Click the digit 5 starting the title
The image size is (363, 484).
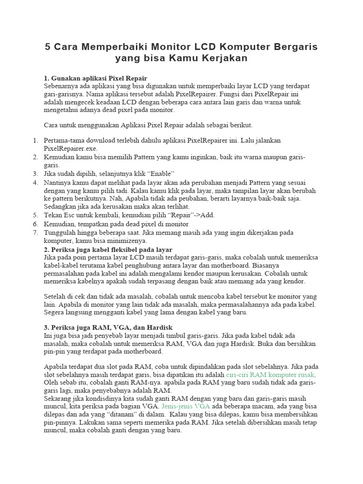click(x=48, y=47)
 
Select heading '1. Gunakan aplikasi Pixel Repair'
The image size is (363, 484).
click(x=95, y=78)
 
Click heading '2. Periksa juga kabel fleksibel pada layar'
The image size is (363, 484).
click(x=108, y=249)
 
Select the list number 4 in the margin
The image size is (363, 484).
click(x=35, y=182)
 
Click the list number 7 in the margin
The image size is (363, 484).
click(x=35, y=233)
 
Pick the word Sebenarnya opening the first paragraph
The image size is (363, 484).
click(x=61, y=86)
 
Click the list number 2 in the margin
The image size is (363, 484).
click(x=35, y=157)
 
